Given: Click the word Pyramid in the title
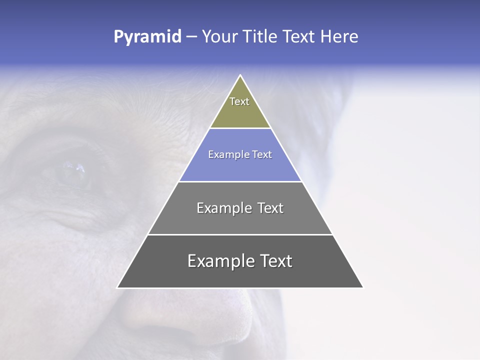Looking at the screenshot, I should tap(147, 37).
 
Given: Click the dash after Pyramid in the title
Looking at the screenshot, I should tap(191, 37).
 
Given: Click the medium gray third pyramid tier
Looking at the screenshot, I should tap(240, 222).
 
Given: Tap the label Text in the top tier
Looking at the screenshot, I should tap(239, 101).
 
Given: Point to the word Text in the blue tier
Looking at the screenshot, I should tap(262, 155).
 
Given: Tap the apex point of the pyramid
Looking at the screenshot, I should tap(240, 76).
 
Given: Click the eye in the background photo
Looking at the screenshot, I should tap(72, 172).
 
